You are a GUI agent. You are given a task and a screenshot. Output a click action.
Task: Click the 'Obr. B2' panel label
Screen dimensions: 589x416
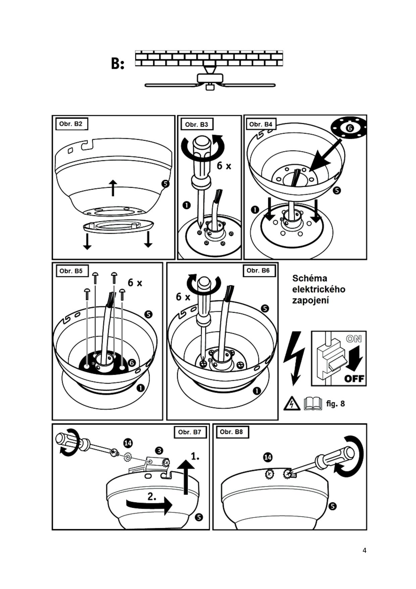(71, 124)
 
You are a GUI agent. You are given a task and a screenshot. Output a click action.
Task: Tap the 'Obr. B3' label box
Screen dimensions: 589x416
(197, 124)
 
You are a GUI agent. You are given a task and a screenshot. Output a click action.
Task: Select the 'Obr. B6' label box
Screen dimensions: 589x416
(258, 270)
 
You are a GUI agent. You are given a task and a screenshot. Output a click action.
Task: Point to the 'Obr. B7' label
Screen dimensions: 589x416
(190, 432)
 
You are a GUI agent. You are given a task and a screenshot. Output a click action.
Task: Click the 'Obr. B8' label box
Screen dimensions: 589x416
(231, 432)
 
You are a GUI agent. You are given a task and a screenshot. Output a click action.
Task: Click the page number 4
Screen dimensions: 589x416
(364, 550)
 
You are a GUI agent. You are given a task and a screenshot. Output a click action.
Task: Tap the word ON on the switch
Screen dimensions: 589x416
(354, 339)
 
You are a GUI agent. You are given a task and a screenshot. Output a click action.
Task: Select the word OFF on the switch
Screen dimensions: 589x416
(354, 378)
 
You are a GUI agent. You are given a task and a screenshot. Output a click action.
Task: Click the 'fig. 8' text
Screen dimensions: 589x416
(335, 403)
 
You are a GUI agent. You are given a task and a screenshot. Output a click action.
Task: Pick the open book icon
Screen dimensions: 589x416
(313, 403)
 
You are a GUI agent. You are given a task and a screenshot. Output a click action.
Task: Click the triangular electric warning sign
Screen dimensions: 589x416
(292, 403)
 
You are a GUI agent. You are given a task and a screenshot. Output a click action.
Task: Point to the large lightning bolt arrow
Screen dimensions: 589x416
(294, 358)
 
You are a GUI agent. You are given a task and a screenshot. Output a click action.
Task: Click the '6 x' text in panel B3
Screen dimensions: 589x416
(224, 166)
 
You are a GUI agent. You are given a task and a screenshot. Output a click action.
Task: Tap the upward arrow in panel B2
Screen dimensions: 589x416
(113, 187)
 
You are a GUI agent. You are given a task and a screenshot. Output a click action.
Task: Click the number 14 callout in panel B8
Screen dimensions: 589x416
(268, 457)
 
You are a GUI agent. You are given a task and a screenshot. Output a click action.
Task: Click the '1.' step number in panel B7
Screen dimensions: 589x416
(195, 456)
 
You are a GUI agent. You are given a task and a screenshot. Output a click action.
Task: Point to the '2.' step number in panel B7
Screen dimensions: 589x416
(152, 496)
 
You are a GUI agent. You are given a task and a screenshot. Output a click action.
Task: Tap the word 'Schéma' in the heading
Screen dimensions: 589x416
(310, 278)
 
